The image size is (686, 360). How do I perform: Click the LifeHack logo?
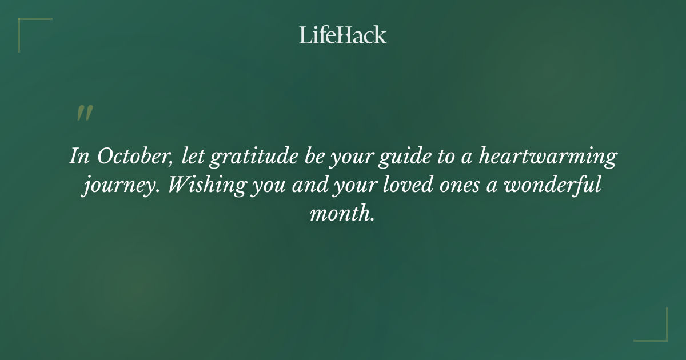(343, 35)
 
